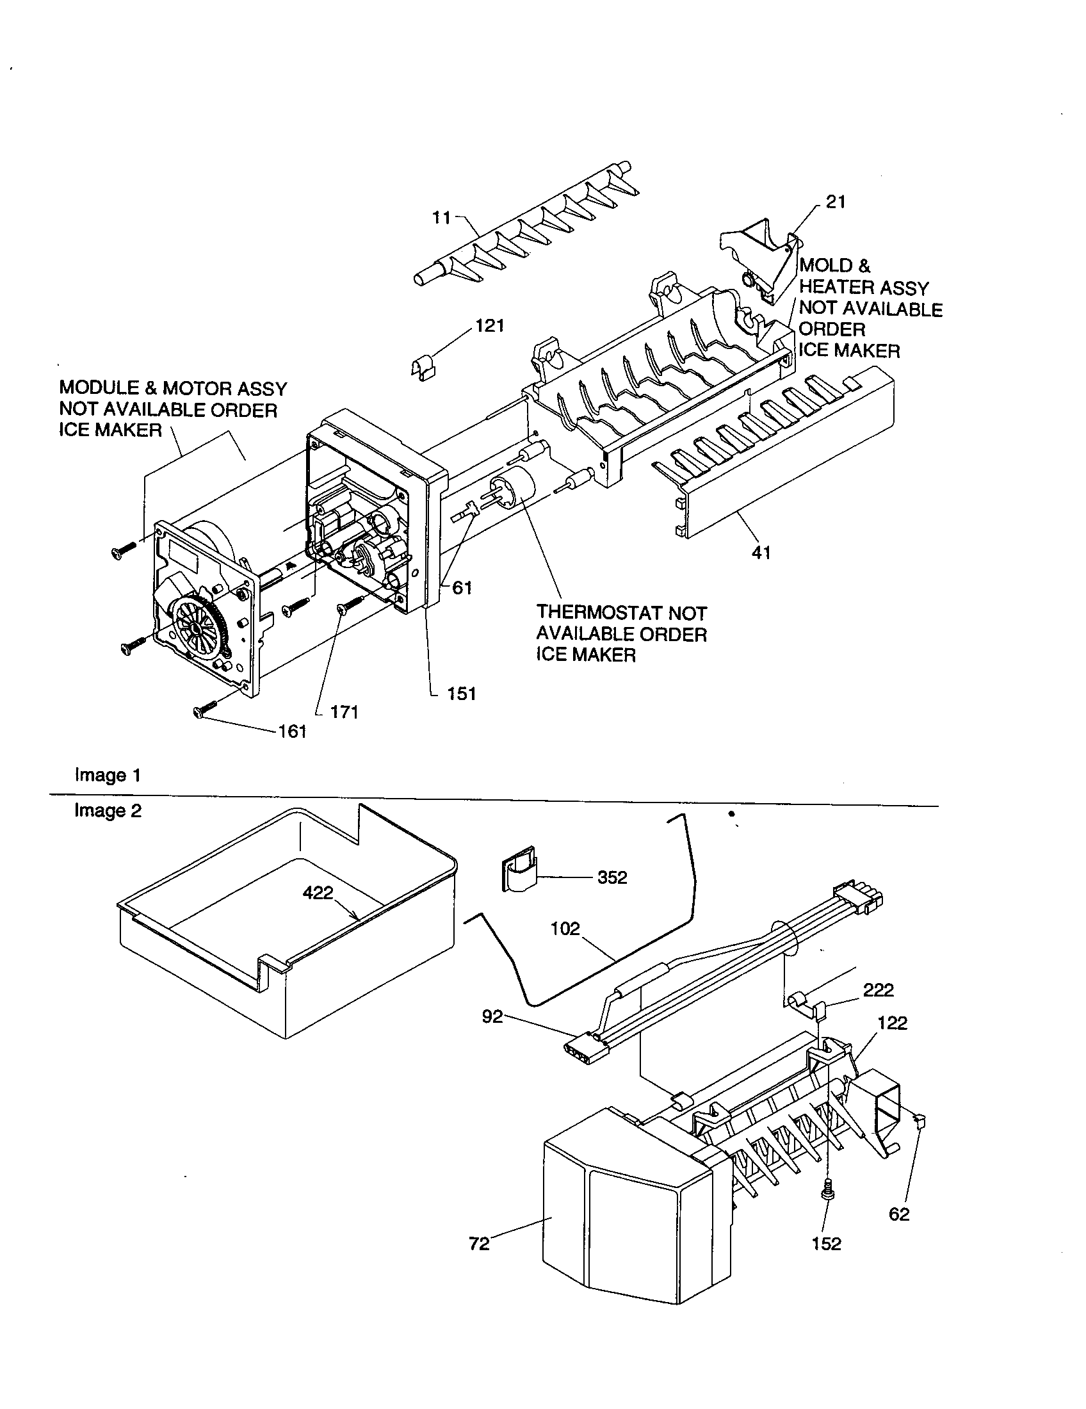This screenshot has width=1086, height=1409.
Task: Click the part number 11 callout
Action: tap(441, 218)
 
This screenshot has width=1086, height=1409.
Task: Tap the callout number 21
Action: tap(835, 202)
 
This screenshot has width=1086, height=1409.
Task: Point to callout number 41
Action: tap(761, 552)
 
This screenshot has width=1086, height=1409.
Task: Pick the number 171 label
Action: tap(344, 712)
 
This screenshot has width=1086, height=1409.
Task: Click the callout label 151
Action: tap(462, 694)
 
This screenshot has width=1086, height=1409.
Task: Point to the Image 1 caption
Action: tap(108, 775)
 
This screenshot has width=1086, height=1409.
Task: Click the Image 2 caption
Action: tap(108, 810)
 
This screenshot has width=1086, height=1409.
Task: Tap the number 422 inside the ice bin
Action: tap(318, 893)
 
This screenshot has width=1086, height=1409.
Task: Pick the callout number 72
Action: tap(479, 1243)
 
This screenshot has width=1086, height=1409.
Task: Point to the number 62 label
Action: tap(898, 1214)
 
